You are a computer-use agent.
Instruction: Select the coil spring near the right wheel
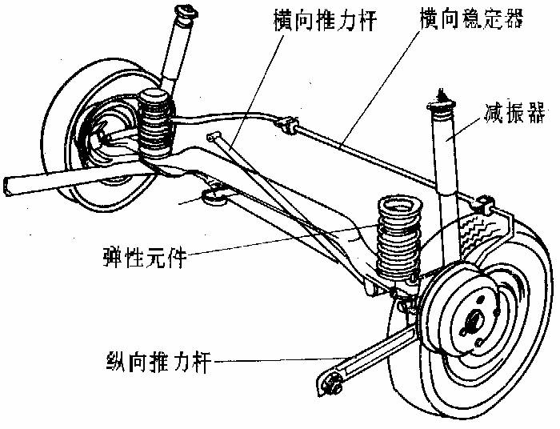(x=398, y=236)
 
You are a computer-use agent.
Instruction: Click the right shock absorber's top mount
(x=440, y=102)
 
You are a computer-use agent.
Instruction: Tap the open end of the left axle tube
(x=8, y=185)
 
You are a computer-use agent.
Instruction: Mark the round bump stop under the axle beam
(x=214, y=194)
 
